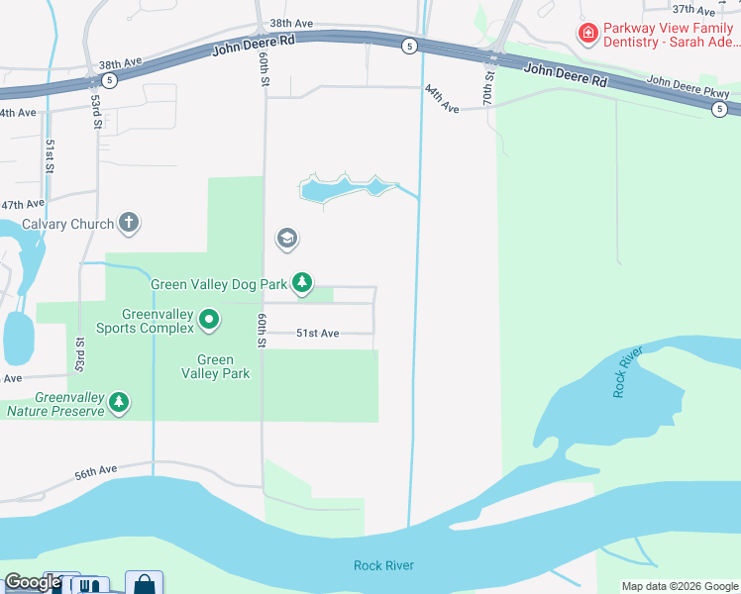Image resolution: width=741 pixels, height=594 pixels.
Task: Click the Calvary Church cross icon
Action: coord(129,223)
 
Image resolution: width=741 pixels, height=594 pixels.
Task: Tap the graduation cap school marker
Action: coord(287,239)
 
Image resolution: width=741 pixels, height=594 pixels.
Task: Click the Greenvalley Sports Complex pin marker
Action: coord(209,319)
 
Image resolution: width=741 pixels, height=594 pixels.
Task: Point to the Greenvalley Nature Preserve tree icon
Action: coord(119,401)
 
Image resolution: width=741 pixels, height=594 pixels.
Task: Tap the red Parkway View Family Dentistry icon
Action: coord(587,34)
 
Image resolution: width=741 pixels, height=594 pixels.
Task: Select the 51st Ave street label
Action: coord(318,334)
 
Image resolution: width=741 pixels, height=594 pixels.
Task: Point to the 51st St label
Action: coord(49,155)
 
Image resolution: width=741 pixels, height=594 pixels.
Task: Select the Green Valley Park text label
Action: coord(215,366)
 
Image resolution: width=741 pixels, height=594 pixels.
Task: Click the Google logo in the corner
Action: coord(32,582)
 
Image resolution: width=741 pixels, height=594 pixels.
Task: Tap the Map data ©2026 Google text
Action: coord(679,586)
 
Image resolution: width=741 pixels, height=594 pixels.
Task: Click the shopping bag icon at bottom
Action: coord(144,584)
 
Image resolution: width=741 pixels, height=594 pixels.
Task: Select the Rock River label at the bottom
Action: coord(383,565)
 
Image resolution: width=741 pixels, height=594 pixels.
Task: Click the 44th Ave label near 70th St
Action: coord(442,99)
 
